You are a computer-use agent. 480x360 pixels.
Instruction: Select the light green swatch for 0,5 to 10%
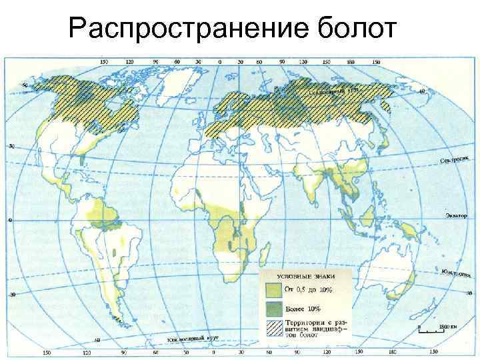(x=273, y=289)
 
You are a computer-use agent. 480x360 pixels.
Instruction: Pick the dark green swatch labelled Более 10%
(x=273, y=309)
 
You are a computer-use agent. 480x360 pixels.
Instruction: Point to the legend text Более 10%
(x=303, y=309)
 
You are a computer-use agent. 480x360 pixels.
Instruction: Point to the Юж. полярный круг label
(x=193, y=341)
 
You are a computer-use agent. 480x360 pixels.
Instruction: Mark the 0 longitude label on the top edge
(x=219, y=62)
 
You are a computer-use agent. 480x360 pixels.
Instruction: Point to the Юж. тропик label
(x=456, y=274)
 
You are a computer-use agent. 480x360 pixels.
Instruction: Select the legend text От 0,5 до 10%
(x=309, y=289)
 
